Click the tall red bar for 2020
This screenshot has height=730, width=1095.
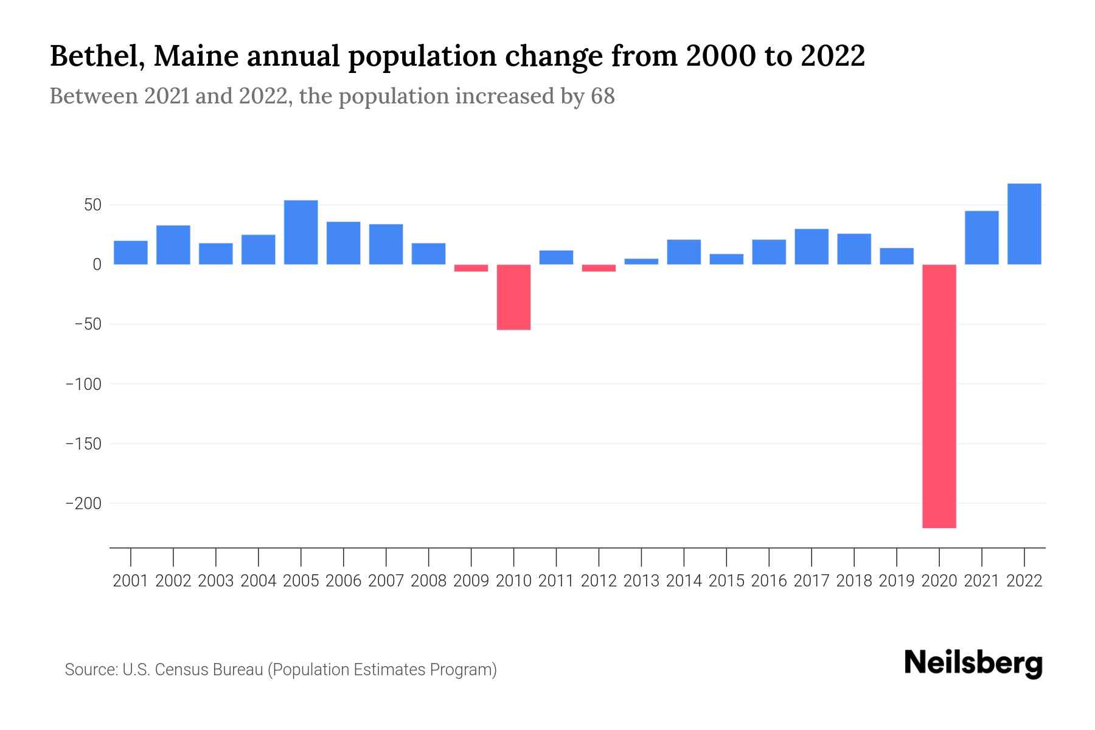click(939, 395)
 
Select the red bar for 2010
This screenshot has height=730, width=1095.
click(513, 297)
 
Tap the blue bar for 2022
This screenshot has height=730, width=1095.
click(1024, 224)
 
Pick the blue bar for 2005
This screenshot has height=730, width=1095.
click(301, 232)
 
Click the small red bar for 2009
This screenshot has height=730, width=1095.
click(471, 268)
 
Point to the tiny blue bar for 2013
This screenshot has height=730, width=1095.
click(641, 262)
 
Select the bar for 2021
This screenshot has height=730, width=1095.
click(982, 237)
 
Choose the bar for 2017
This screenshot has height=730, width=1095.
click(812, 246)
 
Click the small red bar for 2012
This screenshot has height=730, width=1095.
click(599, 268)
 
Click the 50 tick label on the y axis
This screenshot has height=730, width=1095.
click(92, 205)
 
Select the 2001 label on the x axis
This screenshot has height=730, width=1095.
click(131, 581)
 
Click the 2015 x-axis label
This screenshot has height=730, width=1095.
click(726, 581)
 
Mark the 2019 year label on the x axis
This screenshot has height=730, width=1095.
click(897, 581)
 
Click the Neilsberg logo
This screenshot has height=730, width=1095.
click(973, 663)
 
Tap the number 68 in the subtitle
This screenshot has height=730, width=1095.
click(602, 96)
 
